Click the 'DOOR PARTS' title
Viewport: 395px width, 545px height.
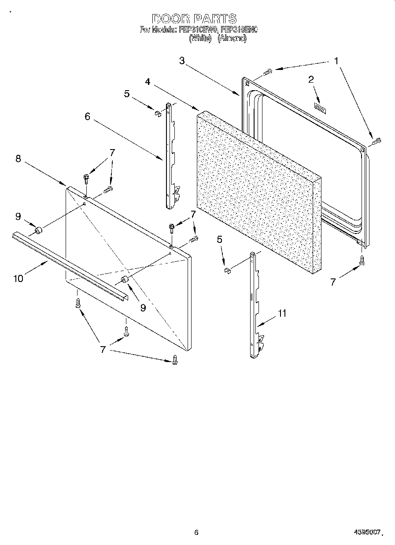(x=194, y=19)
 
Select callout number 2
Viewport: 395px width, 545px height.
(x=311, y=80)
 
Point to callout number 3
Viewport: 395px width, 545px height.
(x=182, y=61)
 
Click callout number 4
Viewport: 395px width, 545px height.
(x=148, y=82)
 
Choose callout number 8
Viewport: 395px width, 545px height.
(x=18, y=159)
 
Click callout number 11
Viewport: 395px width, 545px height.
(x=282, y=313)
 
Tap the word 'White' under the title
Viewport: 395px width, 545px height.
(x=200, y=38)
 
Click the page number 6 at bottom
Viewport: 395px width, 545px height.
(x=196, y=532)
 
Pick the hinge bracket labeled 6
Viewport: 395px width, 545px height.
(x=171, y=156)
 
